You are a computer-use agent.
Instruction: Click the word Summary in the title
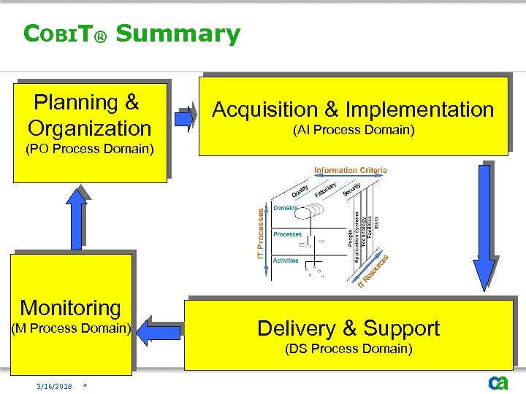[178, 34]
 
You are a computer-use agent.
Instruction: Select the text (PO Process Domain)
[89, 150]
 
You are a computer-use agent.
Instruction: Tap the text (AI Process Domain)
[353, 131]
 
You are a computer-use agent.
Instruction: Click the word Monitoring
[70, 308]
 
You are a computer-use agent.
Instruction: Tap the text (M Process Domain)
[70, 328]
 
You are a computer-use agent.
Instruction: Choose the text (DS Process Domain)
[349, 349]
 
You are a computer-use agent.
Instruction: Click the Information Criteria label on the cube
[351, 171]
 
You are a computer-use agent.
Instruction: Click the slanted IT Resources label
[373, 270]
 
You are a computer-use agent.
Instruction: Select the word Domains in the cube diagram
[285, 208]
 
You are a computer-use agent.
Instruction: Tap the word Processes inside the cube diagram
[287, 234]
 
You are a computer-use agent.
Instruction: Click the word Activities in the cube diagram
[285, 260]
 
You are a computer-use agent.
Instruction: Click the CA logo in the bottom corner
[498, 383]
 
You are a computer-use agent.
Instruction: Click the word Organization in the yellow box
[89, 128]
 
